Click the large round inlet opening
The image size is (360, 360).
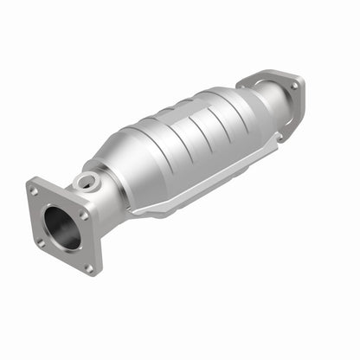pyautogui.click(x=61, y=228)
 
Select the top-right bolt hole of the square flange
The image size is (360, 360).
pyautogui.click(x=83, y=213)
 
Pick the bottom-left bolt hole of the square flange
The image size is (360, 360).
pyautogui.click(x=41, y=241)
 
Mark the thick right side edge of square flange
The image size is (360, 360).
pyautogui.click(x=96, y=242)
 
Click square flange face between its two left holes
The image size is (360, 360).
pyautogui.click(x=37, y=216)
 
